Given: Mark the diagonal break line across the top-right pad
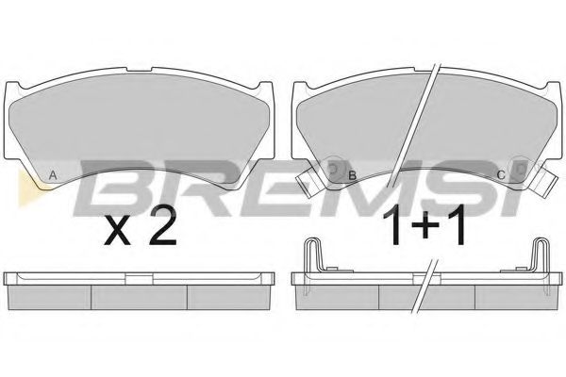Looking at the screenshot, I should coord(422,113).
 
